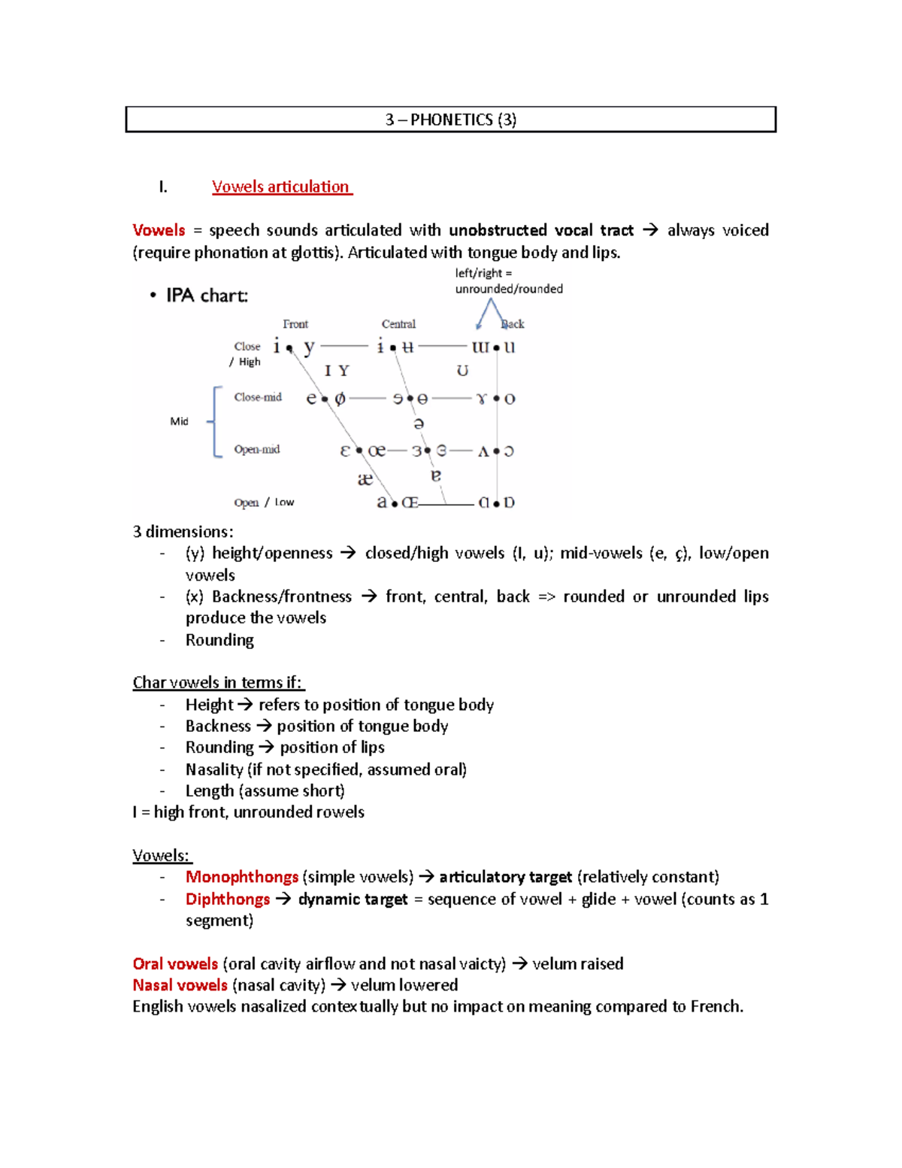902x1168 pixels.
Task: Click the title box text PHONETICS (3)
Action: [x=451, y=120]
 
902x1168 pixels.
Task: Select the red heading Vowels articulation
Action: [x=280, y=187]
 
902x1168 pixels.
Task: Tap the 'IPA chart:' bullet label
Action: [x=207, y=296]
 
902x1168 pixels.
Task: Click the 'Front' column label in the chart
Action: [x=295, y=324]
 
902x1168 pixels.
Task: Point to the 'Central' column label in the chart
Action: [x=398, y=324]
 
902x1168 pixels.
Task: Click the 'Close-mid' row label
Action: [x=258, y=397]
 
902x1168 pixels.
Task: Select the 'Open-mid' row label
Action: [x=256, y=450]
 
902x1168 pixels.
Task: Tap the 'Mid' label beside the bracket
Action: [x=179, y=421]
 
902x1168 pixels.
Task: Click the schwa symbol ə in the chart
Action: [x=419, y=423]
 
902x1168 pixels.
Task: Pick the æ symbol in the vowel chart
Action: [x=365, y=479]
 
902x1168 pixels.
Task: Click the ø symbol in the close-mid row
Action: [x=340, y=399]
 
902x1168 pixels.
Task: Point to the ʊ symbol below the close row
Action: [x=462, y=371]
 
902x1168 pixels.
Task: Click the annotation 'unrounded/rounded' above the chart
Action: [x=509, y=289]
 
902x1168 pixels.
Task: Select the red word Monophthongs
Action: [x=242, y=877]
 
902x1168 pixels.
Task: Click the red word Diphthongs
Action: [x=228, y=900]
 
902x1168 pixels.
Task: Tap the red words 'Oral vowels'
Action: [x=175, y=964]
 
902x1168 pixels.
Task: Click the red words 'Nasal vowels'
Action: [x=180, y=985]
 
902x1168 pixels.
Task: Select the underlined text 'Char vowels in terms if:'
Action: [x=218, y=683]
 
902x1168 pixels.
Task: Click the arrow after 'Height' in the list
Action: [x=245, y=705]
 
